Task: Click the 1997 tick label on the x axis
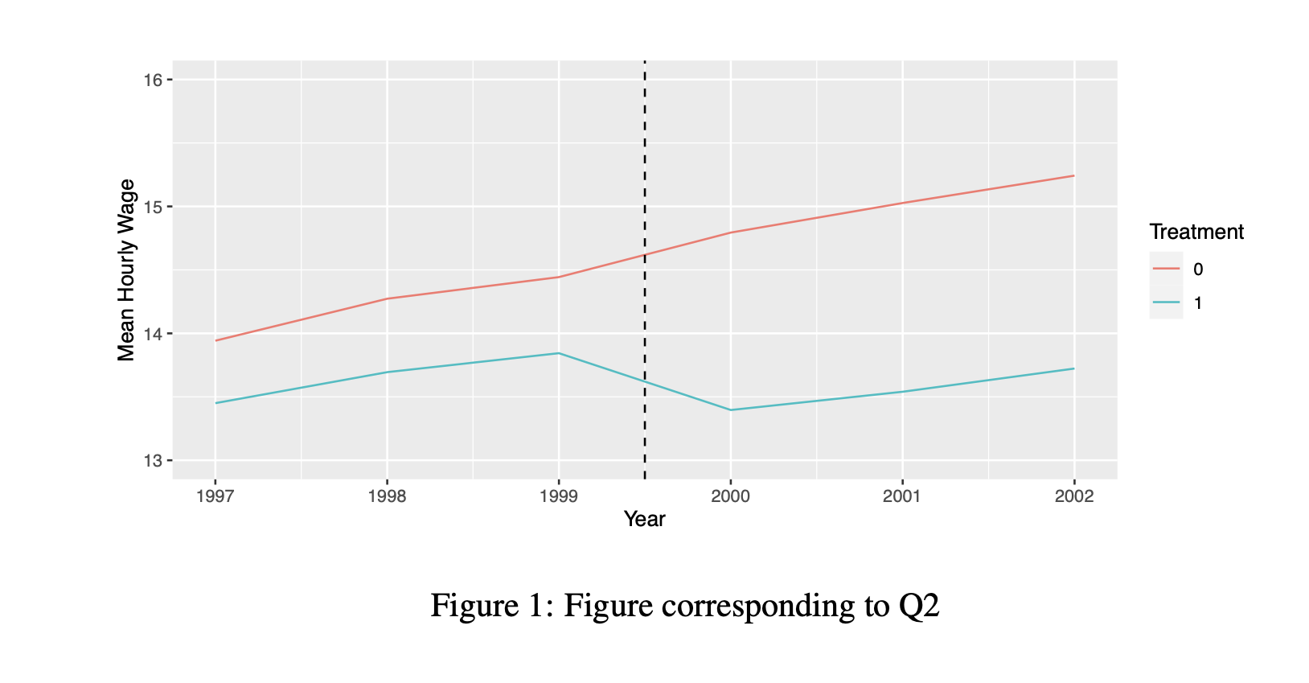(x=215, y=496)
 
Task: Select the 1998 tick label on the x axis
(x=387, y=496)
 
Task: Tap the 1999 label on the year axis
(x=559, y=496)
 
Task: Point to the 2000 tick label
(x=730, y=496)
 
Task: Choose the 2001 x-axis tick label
(x=902, y=496)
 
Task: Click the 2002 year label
(x=1074, y=496)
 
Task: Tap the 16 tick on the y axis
(x=153, y=80)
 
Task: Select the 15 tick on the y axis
(x=153, y=207)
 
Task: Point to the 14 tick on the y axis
(x=153, y=334)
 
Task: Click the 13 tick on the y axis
(x=153, y=461)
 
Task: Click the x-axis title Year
(x=644, y=520)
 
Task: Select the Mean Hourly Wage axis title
(x=126, y=270)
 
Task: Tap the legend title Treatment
(x=1196, y=232)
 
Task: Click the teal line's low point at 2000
(x=730, y=410)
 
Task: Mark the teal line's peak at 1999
(x=559, y=353)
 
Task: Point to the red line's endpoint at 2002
(x=1073, y=175)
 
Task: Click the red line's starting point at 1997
(x=215, y=340)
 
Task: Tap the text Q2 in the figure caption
(x=918, y=606)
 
